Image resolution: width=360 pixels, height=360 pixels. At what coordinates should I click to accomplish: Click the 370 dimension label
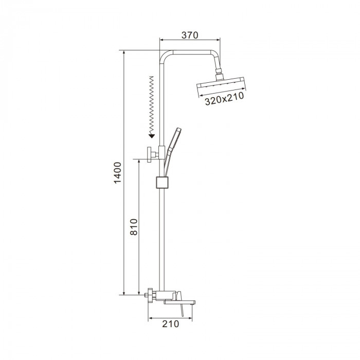coord(190,35)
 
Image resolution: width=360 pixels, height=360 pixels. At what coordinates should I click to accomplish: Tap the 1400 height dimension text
coord(118,173)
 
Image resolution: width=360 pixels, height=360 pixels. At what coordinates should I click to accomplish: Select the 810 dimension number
coord(134,227)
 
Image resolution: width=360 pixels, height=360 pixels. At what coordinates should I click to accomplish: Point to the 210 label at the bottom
coord(170,323)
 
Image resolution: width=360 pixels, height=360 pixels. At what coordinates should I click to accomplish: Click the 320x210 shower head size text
coord(224,99)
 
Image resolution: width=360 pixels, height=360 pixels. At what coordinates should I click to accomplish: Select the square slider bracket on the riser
coord(163,182)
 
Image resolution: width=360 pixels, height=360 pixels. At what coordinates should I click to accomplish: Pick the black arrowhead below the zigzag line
coord(152,136)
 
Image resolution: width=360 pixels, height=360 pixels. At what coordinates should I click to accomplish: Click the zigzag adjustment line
coord(151,105)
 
